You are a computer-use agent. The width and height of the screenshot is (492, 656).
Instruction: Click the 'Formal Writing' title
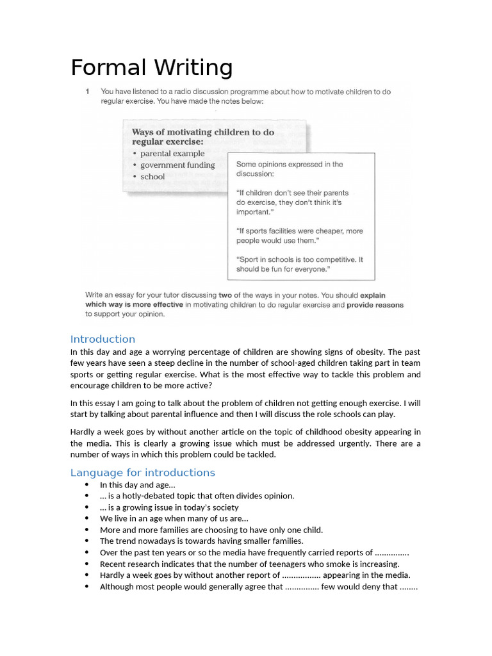[151, 68]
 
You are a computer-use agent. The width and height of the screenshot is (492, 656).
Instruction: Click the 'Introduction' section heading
[102, 339]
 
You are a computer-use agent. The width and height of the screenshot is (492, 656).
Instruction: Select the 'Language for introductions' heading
[142, 473]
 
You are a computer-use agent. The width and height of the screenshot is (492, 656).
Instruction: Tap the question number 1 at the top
[88, 92]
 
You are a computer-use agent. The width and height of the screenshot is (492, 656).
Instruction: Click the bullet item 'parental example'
[172, 154]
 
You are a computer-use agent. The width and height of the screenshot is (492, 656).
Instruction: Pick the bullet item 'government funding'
[177, 165]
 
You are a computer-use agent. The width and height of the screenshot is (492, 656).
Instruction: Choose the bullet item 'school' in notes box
[152, 177]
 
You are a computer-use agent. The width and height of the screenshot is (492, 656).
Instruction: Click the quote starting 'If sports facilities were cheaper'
[299, 236]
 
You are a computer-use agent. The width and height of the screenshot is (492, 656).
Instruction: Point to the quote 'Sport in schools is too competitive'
[299, 265]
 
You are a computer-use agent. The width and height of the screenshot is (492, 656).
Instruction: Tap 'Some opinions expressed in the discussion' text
[289, 169]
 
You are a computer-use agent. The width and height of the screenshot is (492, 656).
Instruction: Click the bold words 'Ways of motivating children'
[202, 132]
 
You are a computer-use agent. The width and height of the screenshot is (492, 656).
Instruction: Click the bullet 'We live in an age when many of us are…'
[174, 518]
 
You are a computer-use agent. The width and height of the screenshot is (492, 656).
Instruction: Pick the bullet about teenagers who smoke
[249, 564]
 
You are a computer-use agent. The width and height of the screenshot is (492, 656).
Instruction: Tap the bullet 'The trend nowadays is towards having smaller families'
[201, 541]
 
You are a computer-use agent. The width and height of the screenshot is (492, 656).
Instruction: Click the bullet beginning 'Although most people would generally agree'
[258, 586]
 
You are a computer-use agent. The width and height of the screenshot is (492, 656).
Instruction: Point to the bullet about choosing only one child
[211, 530]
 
